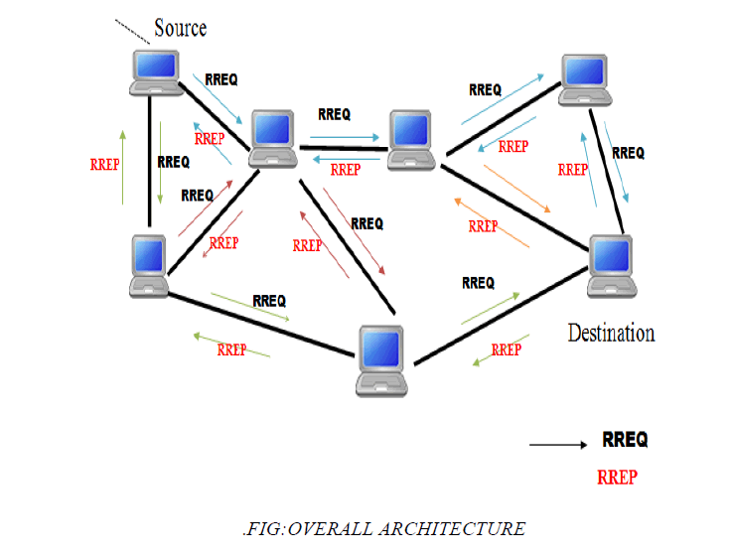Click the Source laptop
pos(154,71)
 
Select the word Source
pos(180,27)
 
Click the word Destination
pos(611,333)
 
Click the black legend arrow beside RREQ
pos(558,445)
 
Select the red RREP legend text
pos(617,477)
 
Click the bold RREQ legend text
pos(626,440)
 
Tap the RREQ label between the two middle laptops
pos(334,114)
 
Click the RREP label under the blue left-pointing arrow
pos(345,170)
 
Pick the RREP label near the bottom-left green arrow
pos(231,349)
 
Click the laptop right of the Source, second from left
pos(273,139)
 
